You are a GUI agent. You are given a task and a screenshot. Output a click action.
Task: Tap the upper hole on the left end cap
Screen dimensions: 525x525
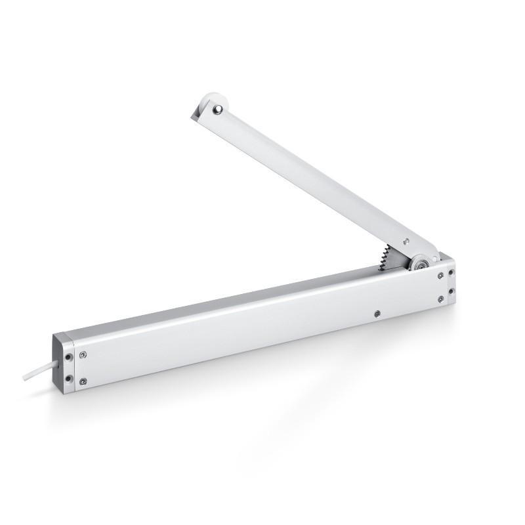pos(68,358)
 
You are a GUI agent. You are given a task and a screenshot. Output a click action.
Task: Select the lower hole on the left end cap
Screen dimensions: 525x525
pos(68,379)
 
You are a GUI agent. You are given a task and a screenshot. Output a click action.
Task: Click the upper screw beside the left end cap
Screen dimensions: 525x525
pos(83,355)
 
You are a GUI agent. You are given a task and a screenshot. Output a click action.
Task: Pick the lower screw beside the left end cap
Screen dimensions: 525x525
pos(83,381)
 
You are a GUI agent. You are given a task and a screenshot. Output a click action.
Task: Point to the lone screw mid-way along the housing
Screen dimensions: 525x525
pos(376,314)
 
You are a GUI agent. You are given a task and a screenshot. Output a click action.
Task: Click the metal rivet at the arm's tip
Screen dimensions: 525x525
pos(219,110)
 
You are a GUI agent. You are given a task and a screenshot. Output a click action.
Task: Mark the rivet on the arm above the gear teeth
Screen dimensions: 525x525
pos(407,241)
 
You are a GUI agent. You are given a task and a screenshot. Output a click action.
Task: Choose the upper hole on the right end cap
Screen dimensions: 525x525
pos(451,271)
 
